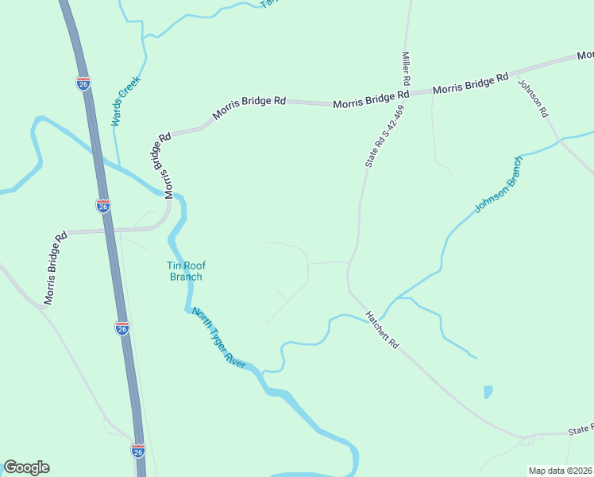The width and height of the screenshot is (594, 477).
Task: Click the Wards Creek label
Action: [x=125, y=102]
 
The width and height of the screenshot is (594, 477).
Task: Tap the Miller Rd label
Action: [x=405, y=69]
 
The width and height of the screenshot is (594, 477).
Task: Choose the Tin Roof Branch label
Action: [x=186, y=271]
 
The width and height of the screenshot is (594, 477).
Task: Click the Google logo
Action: [x=26, y=467]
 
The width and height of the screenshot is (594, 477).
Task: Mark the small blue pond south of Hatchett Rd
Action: [x=488, y=391]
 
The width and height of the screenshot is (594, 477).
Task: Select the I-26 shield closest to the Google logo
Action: [x=138, y=451]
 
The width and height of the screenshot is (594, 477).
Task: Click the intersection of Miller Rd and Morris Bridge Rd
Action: [x=407, y=92]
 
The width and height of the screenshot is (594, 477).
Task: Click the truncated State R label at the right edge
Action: [x=580, y=429]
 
